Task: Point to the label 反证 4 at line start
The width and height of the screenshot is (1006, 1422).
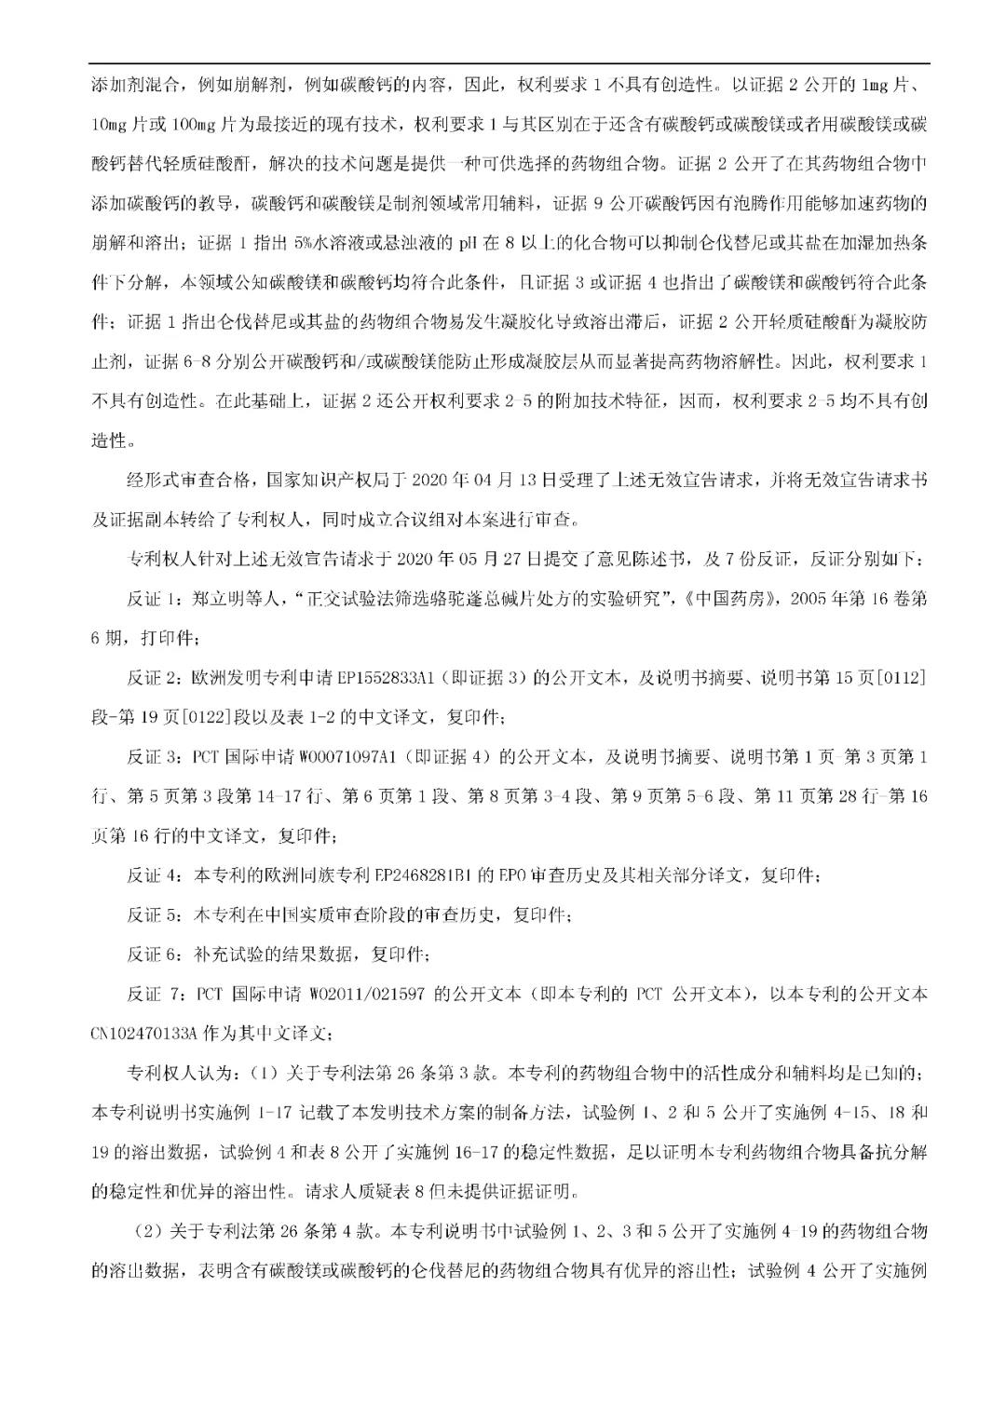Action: (154, 875)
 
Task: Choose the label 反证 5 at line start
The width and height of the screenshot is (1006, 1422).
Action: (154, 915)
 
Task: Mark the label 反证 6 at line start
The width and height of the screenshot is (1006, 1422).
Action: (154, 955)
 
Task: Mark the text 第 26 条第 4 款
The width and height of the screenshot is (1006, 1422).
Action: (312, 1232)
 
